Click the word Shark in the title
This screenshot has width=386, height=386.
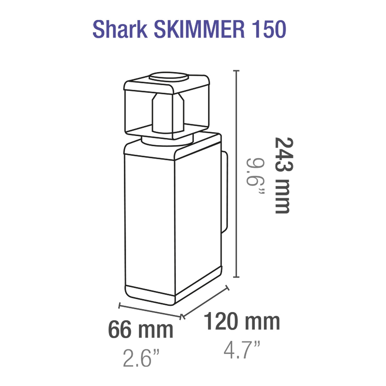coord(120,30)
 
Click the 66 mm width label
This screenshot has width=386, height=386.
coord(141,329)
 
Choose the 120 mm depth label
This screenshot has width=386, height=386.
coord(242,321)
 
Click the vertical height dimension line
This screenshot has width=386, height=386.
coord(237,174)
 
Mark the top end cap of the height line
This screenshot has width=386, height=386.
coord(237,71)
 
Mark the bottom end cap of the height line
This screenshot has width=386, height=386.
coord(237,277)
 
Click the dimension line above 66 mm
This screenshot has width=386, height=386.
coord(150,310)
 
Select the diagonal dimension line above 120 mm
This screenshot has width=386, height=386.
coord(206,302)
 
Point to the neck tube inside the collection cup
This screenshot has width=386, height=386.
coord(168,113)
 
